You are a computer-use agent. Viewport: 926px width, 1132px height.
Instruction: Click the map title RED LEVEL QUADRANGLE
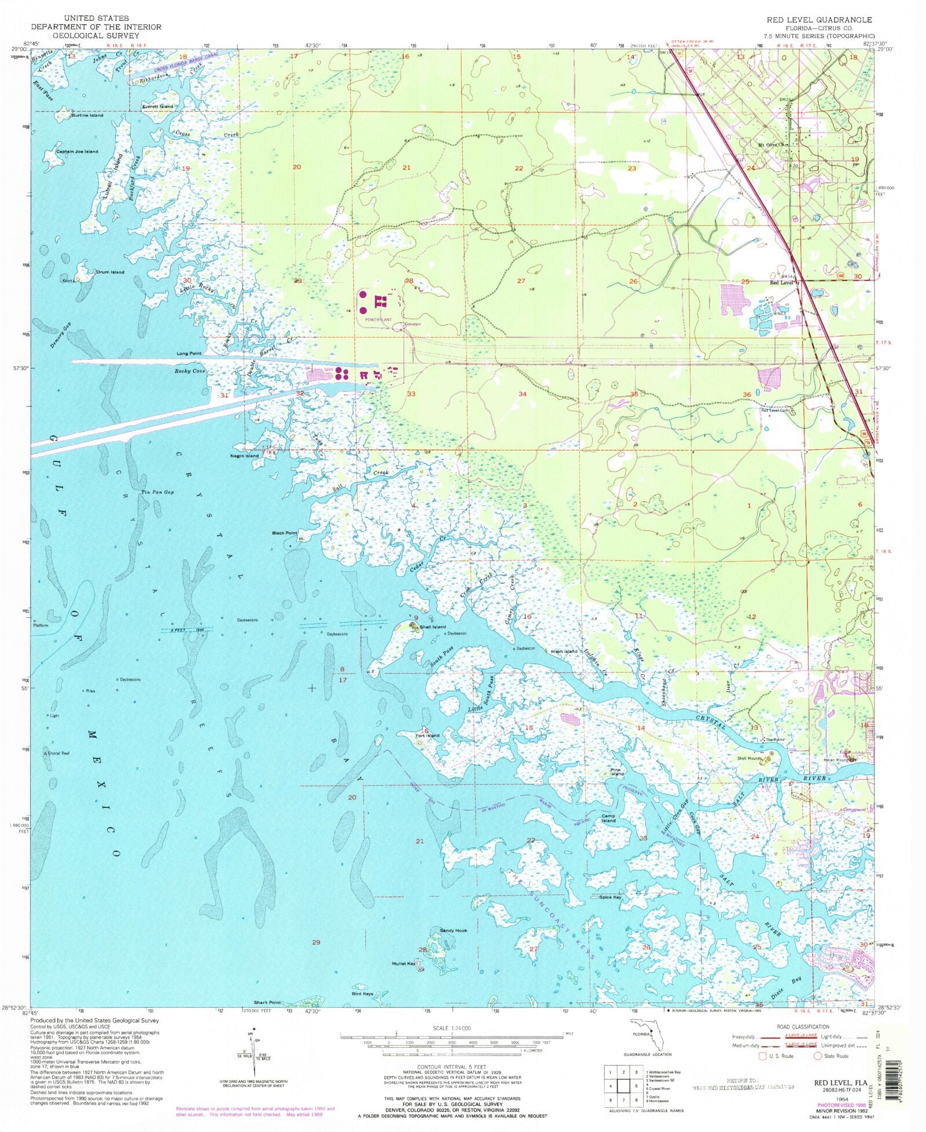(819, 20)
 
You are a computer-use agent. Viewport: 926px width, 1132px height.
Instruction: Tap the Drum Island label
(110, 272)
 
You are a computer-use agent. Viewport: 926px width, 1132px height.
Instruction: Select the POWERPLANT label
(378, 319)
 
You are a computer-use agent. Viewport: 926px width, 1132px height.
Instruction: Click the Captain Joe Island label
(77, 152)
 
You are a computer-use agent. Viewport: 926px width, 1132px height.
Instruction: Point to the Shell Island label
(433, 627)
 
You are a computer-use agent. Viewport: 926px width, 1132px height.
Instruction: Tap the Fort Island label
(428, 736)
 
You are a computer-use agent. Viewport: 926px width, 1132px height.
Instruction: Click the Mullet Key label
(403, 964)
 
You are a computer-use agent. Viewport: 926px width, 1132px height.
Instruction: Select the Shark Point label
(267, 1002)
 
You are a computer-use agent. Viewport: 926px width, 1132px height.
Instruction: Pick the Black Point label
(285, 533)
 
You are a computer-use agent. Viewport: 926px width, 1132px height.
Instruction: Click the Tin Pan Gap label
(157, 492)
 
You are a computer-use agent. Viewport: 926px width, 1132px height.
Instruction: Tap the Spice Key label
(610, 897)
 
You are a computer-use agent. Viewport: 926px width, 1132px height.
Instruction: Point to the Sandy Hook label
(453, 931)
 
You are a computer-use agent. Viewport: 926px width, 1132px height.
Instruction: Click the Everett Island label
(157, 106)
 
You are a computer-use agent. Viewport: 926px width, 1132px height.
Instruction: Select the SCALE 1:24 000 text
(452, 1028)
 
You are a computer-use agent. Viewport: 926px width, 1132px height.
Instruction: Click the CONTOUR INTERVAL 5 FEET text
(452, 1067)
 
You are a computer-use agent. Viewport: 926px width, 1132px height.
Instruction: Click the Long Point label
(189, 353)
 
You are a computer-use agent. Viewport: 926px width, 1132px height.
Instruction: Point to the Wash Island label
(564, 651)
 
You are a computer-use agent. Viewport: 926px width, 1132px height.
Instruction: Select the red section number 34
(523, 394)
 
